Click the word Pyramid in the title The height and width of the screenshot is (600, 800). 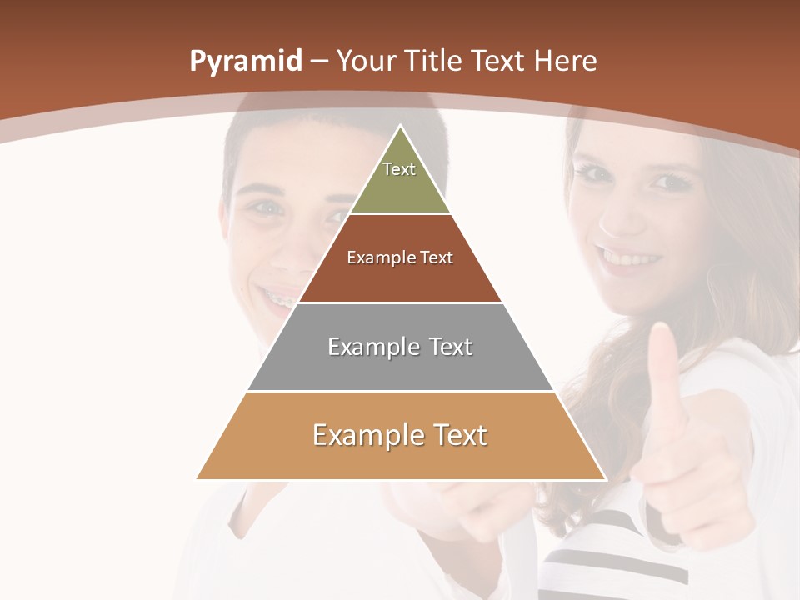(x=245, y=62)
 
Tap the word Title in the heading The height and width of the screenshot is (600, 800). (x=432, y=61)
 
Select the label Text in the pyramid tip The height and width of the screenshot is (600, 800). (x=399, y=169)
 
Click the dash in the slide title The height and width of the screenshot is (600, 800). (x=319, y=62)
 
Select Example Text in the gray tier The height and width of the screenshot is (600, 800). (x=400, y=347)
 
